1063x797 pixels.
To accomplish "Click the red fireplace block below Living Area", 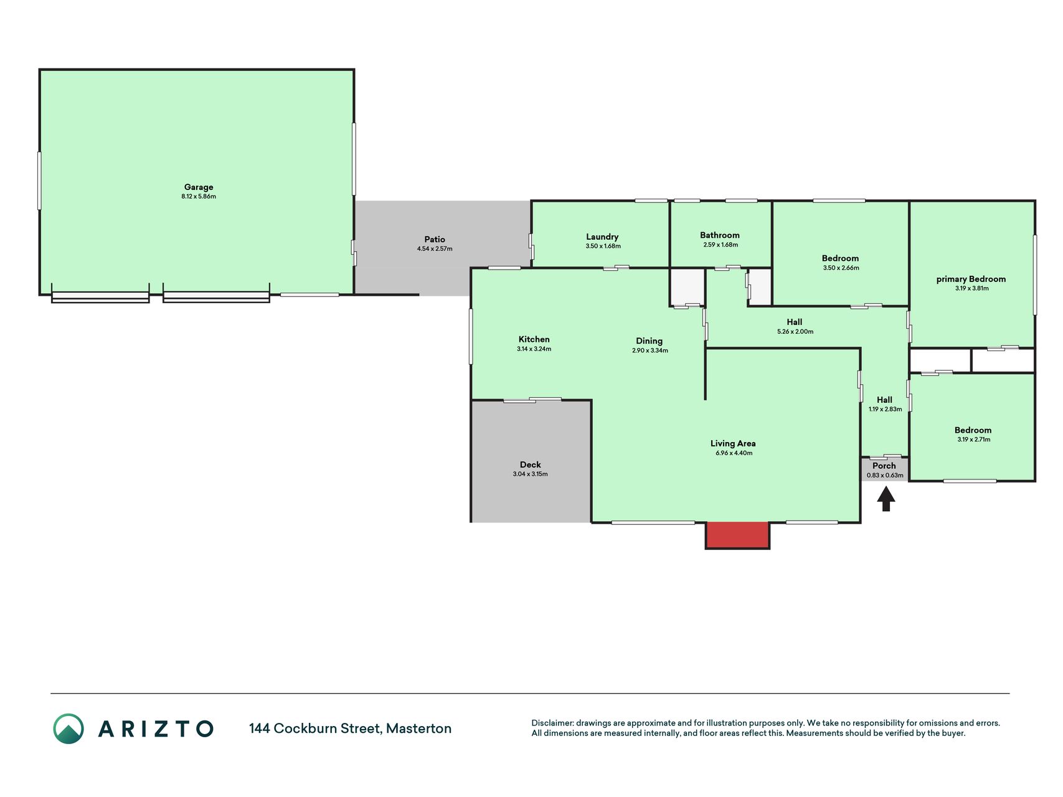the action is click(x=737, y=535).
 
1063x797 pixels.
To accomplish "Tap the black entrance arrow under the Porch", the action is click(x=886, y=499).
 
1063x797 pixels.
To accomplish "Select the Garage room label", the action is click(x=199, y=187).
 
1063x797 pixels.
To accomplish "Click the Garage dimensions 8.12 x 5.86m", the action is click(x=199, y=197).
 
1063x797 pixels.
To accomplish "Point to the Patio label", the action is click(x=435, y=239).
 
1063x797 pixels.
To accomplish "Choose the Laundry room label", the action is click(x=602, y=237).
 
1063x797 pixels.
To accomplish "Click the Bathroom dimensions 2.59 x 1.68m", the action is click(x=720, y=245).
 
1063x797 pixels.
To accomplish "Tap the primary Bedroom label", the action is click(x=971, y=279).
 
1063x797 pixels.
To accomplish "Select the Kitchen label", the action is click(x=534, y=339).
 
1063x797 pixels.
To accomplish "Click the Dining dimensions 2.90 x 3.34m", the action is click(x=650, y=351).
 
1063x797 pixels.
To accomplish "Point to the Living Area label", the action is click(x=733, y=443).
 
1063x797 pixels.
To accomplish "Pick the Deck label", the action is click(x=531, y=465).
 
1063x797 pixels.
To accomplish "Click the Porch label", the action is click(x=884, y=466).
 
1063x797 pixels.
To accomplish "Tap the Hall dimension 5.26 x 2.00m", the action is click(x=795, y=332).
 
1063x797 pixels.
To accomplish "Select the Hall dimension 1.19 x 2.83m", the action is click(x=886, y=410).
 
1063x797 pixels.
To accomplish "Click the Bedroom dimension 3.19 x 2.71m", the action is click(x=974, y=440).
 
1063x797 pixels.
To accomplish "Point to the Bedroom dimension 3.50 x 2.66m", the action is click(x=841, y=268).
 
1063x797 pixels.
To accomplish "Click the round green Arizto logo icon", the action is click(x=68, y=729).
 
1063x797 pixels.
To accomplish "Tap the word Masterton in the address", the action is click(x=418, y=729).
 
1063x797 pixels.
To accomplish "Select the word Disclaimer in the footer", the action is click(x=552, y=723).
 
